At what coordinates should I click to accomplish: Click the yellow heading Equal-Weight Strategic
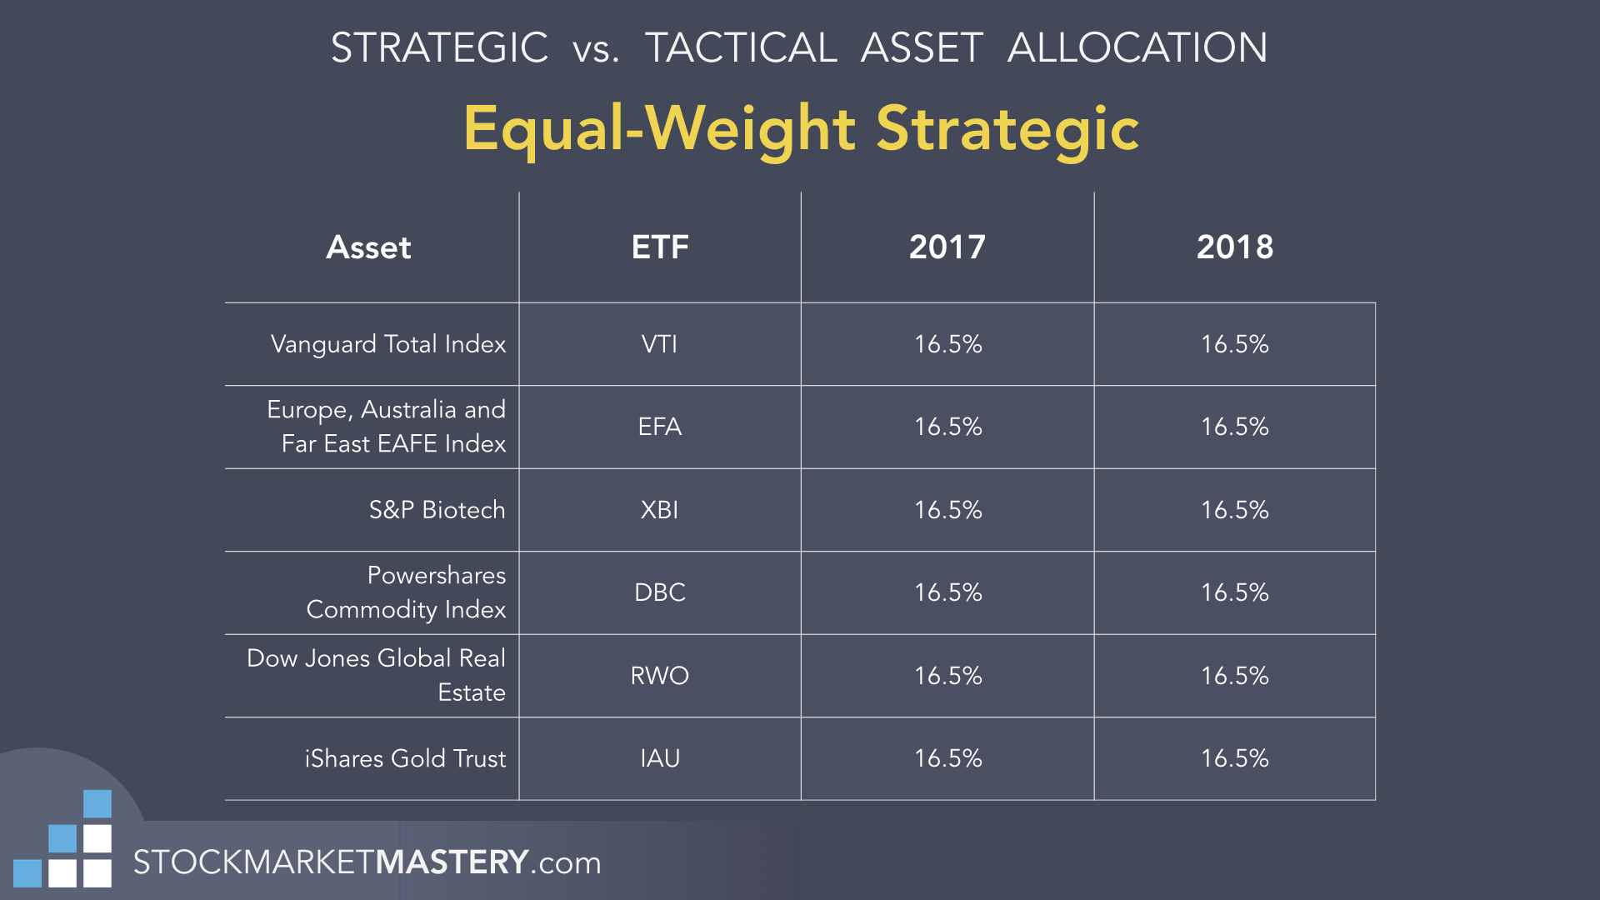[x=801, y=130]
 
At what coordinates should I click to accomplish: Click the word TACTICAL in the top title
[x=741, y=47]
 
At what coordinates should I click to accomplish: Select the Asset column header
[x=368, y=247]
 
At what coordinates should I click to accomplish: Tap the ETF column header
[x=660, y=247]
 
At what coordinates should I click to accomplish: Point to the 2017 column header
[x=947, y=247]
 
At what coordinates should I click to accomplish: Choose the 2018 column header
[x=1235, y=247]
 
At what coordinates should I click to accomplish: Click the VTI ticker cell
[x=659, y=344]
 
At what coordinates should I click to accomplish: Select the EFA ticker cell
[x=659, y=427]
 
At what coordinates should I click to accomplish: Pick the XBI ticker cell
[x=659, y=510]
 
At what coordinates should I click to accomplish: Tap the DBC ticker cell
[x=659, y=592]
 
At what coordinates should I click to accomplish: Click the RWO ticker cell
[x=659, y=676]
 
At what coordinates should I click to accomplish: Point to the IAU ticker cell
[x=659, y=758]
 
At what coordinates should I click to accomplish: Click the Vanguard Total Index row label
[x=388, y=345]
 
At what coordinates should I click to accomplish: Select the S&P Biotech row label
[x=437, y=510]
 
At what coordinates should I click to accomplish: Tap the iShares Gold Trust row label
[x=405, y=758]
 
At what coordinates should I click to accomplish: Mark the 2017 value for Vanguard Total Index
[x=948, y=344]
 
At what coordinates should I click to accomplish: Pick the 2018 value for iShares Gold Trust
[x=1235, y=758]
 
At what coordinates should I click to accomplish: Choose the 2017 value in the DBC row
[x=948, y=592]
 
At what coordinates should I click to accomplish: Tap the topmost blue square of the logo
[x=97, y=804]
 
